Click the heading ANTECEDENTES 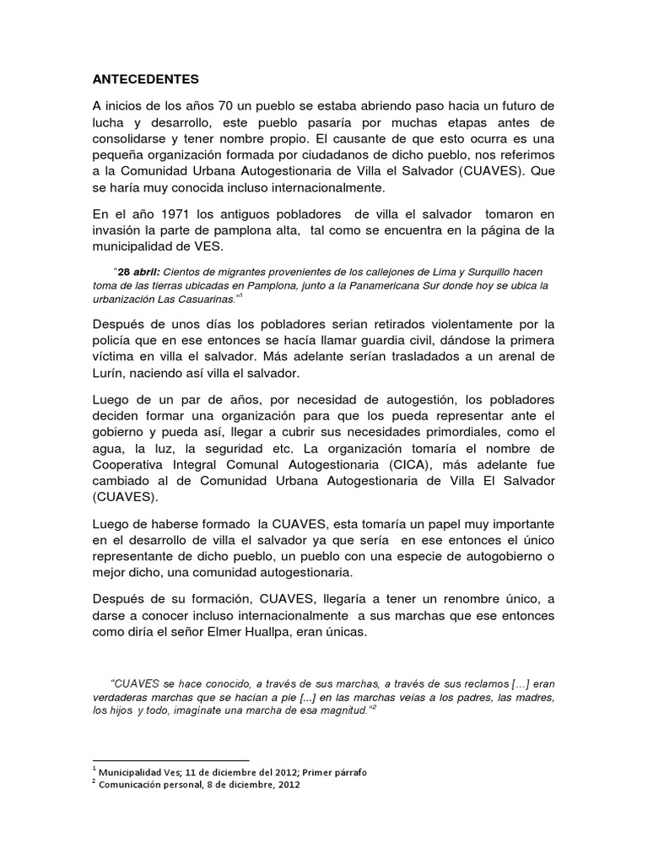145,80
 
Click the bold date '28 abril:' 139,272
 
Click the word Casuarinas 204,299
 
